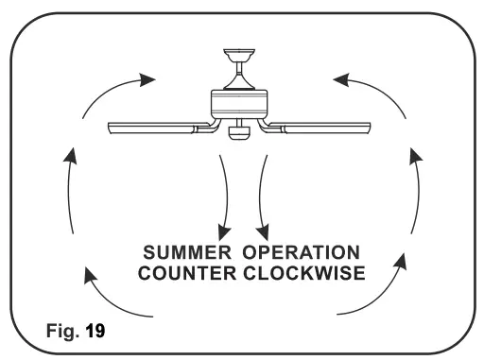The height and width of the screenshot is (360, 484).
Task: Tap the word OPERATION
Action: (302, 253)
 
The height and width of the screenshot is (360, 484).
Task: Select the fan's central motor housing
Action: (241, 102)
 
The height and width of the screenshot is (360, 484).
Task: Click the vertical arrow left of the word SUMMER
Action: (68, 189)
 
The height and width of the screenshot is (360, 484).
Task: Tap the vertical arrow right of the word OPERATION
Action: (414, 189)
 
